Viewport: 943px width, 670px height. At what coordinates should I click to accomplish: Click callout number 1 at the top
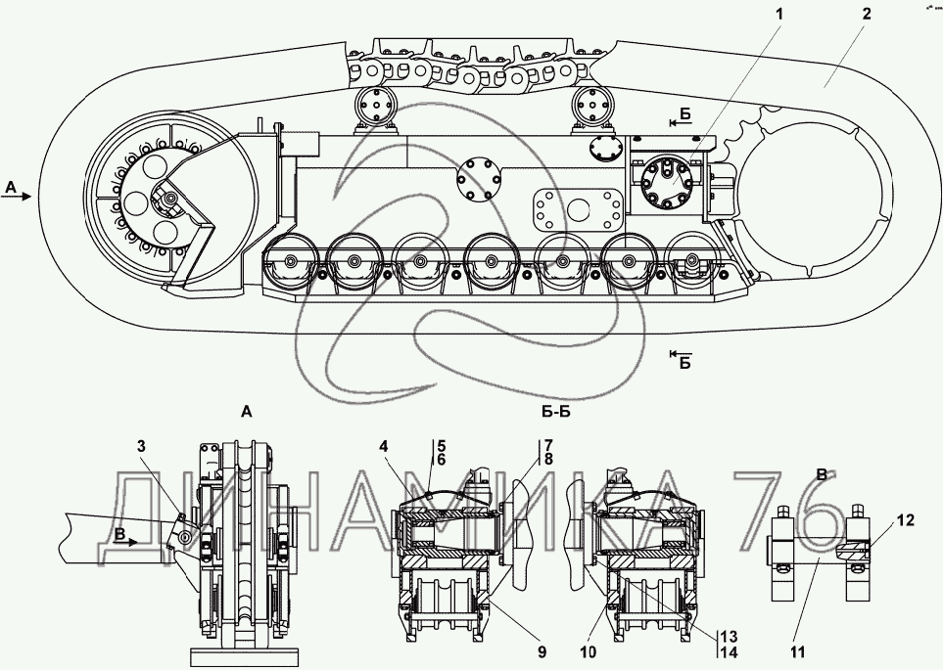pyautogui.click(x=779, y=14)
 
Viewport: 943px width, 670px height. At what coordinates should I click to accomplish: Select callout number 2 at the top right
pyautogui.click(x=866, y=14)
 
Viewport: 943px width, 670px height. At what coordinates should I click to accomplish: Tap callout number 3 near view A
pyautogui.click(x=141, y=446)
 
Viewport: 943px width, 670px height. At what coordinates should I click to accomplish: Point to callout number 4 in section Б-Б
pyautogui.click(x=384, y=446)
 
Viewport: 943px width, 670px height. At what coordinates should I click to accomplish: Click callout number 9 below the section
pyautogui.click(x=542, y=651)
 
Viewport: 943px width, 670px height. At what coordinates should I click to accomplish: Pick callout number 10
pyautogui.click(x=589, y=651)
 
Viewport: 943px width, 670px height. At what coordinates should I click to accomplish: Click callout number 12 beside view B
pyautogui.click(x=907, y=520)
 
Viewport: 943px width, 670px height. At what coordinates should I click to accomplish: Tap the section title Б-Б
pyautogui.click(x=555, y=412)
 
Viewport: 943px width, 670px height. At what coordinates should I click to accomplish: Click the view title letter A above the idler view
pyautogui.click(x=246, y=412)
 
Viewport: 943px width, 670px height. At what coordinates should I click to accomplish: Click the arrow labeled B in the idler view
pyautogui.click(x=125, y=541)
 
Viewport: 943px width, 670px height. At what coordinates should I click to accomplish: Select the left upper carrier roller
pyautogui.click(x=375, y=106)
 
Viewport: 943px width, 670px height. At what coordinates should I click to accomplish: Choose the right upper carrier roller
pyautogui.click(x=593, y=106)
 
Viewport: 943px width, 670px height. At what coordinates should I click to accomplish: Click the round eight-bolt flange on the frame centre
pyautogui.click(x=478, y=180)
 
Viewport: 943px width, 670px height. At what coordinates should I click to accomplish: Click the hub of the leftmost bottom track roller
pyautogui.click(x=293, y=261)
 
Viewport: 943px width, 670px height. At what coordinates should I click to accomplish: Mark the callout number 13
pyautogui.click(x=729, y=637)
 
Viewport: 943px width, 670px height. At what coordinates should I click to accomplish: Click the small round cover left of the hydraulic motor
pyautogui.click(x=603, y=149)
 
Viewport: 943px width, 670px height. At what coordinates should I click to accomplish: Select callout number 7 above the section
pyautogui.click(x=549, y=446)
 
